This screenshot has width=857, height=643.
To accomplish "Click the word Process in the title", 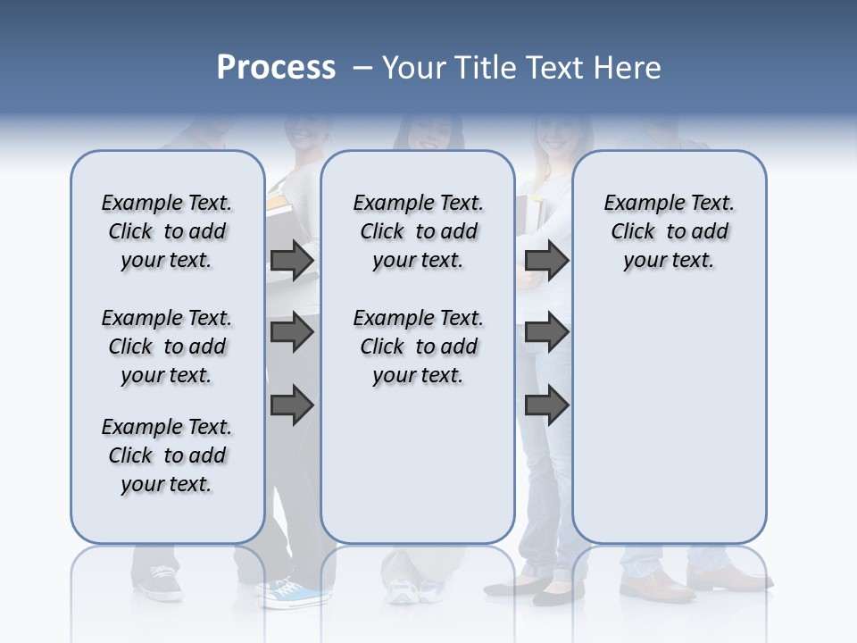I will tap(276, 68).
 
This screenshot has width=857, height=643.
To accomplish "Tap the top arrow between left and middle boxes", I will tap(292, 261).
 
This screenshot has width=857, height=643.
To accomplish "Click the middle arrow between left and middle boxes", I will tap(292, 333).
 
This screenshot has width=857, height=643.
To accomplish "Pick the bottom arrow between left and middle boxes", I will tap(292, 405).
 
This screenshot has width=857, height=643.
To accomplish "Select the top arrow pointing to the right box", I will tap(546, 261).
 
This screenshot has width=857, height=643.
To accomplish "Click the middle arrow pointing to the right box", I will tap(546, 333).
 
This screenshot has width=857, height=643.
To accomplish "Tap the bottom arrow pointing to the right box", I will tap(546, 405).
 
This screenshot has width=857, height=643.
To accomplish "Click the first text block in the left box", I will tap(167, 231).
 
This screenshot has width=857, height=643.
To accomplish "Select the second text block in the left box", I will tap(167, 347).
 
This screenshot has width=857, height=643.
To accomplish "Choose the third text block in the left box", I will tap(167, 455).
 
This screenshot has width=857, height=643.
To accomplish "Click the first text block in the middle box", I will tap(418, 231).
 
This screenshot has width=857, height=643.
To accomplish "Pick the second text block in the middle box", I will tap(418, 347).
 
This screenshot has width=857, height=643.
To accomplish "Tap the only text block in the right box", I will tap(669, 231).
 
